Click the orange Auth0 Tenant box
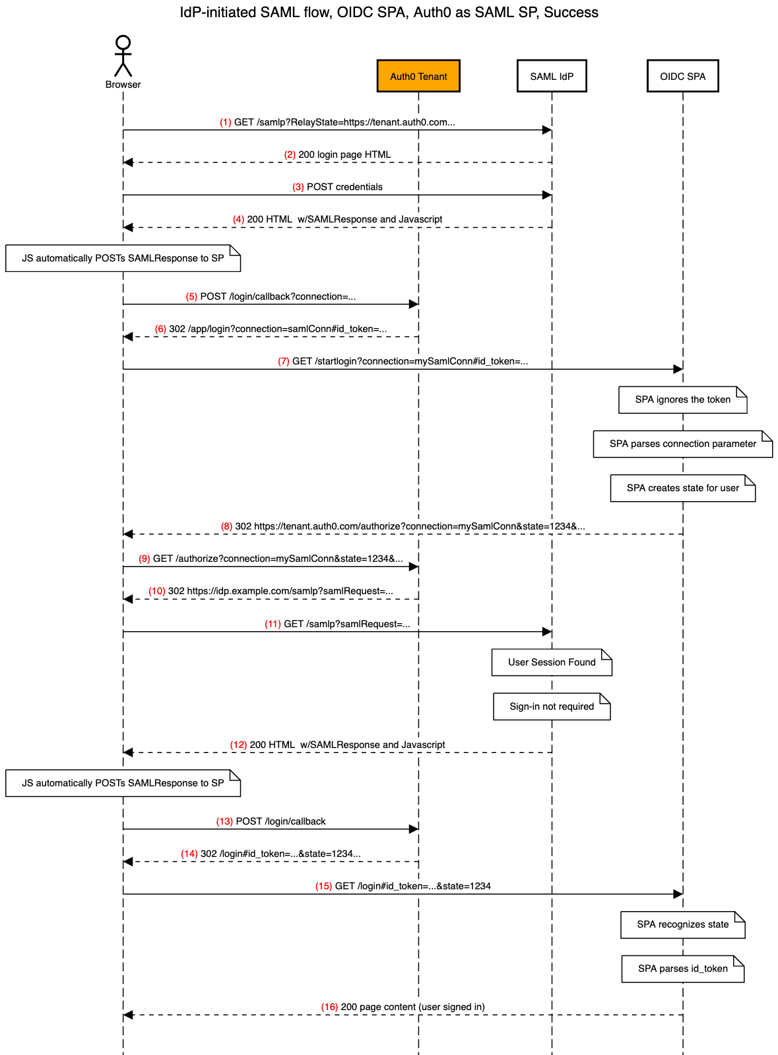pyautogui.click(x=418, y=76)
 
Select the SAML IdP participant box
pyautogui.click(x=551, y=76)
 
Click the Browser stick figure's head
pyautogui.click(x=123, y=42)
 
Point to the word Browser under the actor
pyautogui.click(x=123, y=85)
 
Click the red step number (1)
pyautogui.click(x=226, y=122)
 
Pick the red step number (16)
pyautogui.click(x=329, y=1006)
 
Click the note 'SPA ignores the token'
pyautogui.click(x=682, y=399)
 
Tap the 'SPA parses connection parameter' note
pyautogui.click(x=682, y=444)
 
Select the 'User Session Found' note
pyautogui.click(x=551, y=662)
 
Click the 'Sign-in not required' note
pyautogui.click(x=551, y=706)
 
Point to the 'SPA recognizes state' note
pyautogui.click(x=682, y=924)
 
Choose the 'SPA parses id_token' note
pyautogui.click(x=682, y=968)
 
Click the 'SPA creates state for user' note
pyautogui.click(x=682, y=487)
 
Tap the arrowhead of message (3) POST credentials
pyautogui.click(x=547, y=195)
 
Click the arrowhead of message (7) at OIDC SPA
pyautogui.click(x=678, y=369)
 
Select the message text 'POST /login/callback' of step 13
pyautogui.click(x=280, y=821)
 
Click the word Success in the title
pyautogui.click(x=571, y=13)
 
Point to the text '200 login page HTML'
pyautogui.click(x=344, y=154)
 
